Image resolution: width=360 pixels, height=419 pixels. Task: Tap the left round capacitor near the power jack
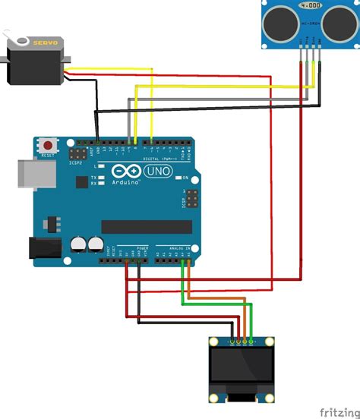(x=79, y=244)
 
